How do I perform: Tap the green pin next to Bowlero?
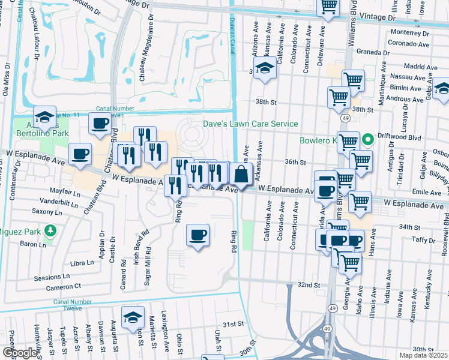[370, 142]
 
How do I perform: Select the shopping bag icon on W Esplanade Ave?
[240, 175]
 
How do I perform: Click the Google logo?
[20, 353]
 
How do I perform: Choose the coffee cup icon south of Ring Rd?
[197, 236]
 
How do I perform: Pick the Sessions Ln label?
[51, 277]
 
